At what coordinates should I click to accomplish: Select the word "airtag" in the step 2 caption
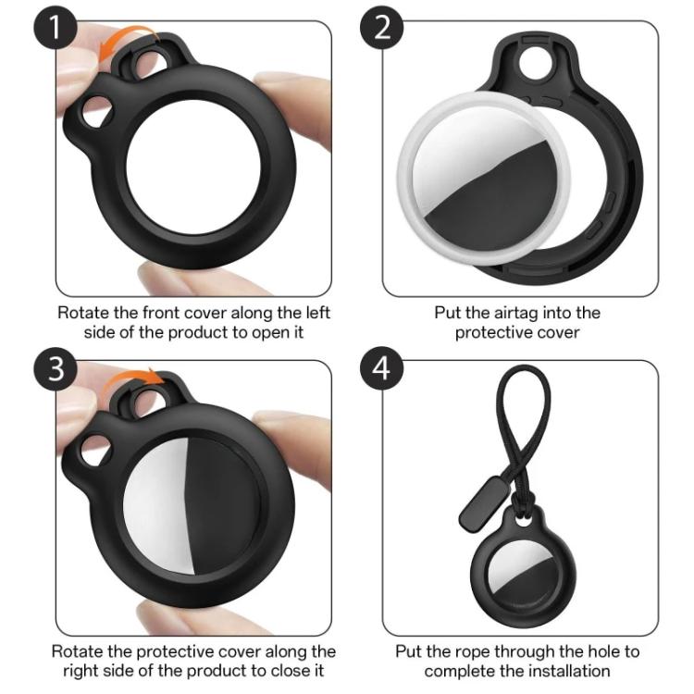coord(524,313)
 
